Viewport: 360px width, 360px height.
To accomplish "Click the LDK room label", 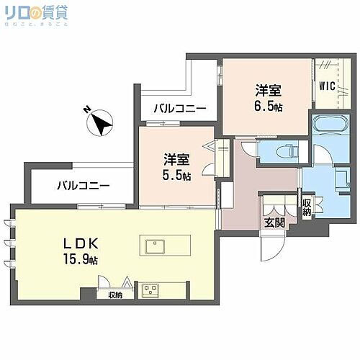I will [85, 243].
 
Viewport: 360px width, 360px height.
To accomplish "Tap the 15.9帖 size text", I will [85, 259].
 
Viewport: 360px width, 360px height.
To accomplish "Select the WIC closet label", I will [328, 84].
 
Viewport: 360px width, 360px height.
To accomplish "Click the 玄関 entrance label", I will [274, 222].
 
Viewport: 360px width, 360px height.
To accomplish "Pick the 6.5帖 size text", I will [267, 105].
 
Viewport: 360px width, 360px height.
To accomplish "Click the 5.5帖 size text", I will [176, 175].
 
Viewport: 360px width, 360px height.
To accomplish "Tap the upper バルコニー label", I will [180, 109].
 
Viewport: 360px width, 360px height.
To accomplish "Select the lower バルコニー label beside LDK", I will [84, 186].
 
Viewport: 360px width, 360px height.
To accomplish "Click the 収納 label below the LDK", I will [115, 294].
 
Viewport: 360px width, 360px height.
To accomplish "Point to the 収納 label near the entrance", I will [307, 207].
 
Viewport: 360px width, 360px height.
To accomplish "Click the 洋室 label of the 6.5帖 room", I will [267, 90].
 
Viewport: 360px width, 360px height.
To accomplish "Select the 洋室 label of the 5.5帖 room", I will [176, 159].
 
